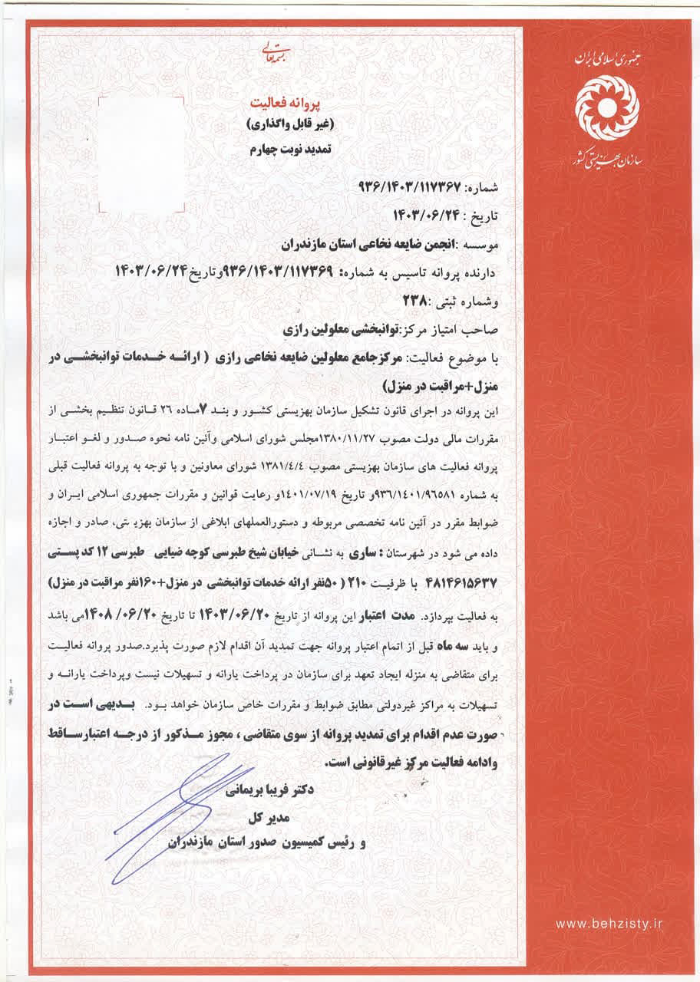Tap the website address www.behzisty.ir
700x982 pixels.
pos(608,924)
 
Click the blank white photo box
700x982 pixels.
pos(143,157)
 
